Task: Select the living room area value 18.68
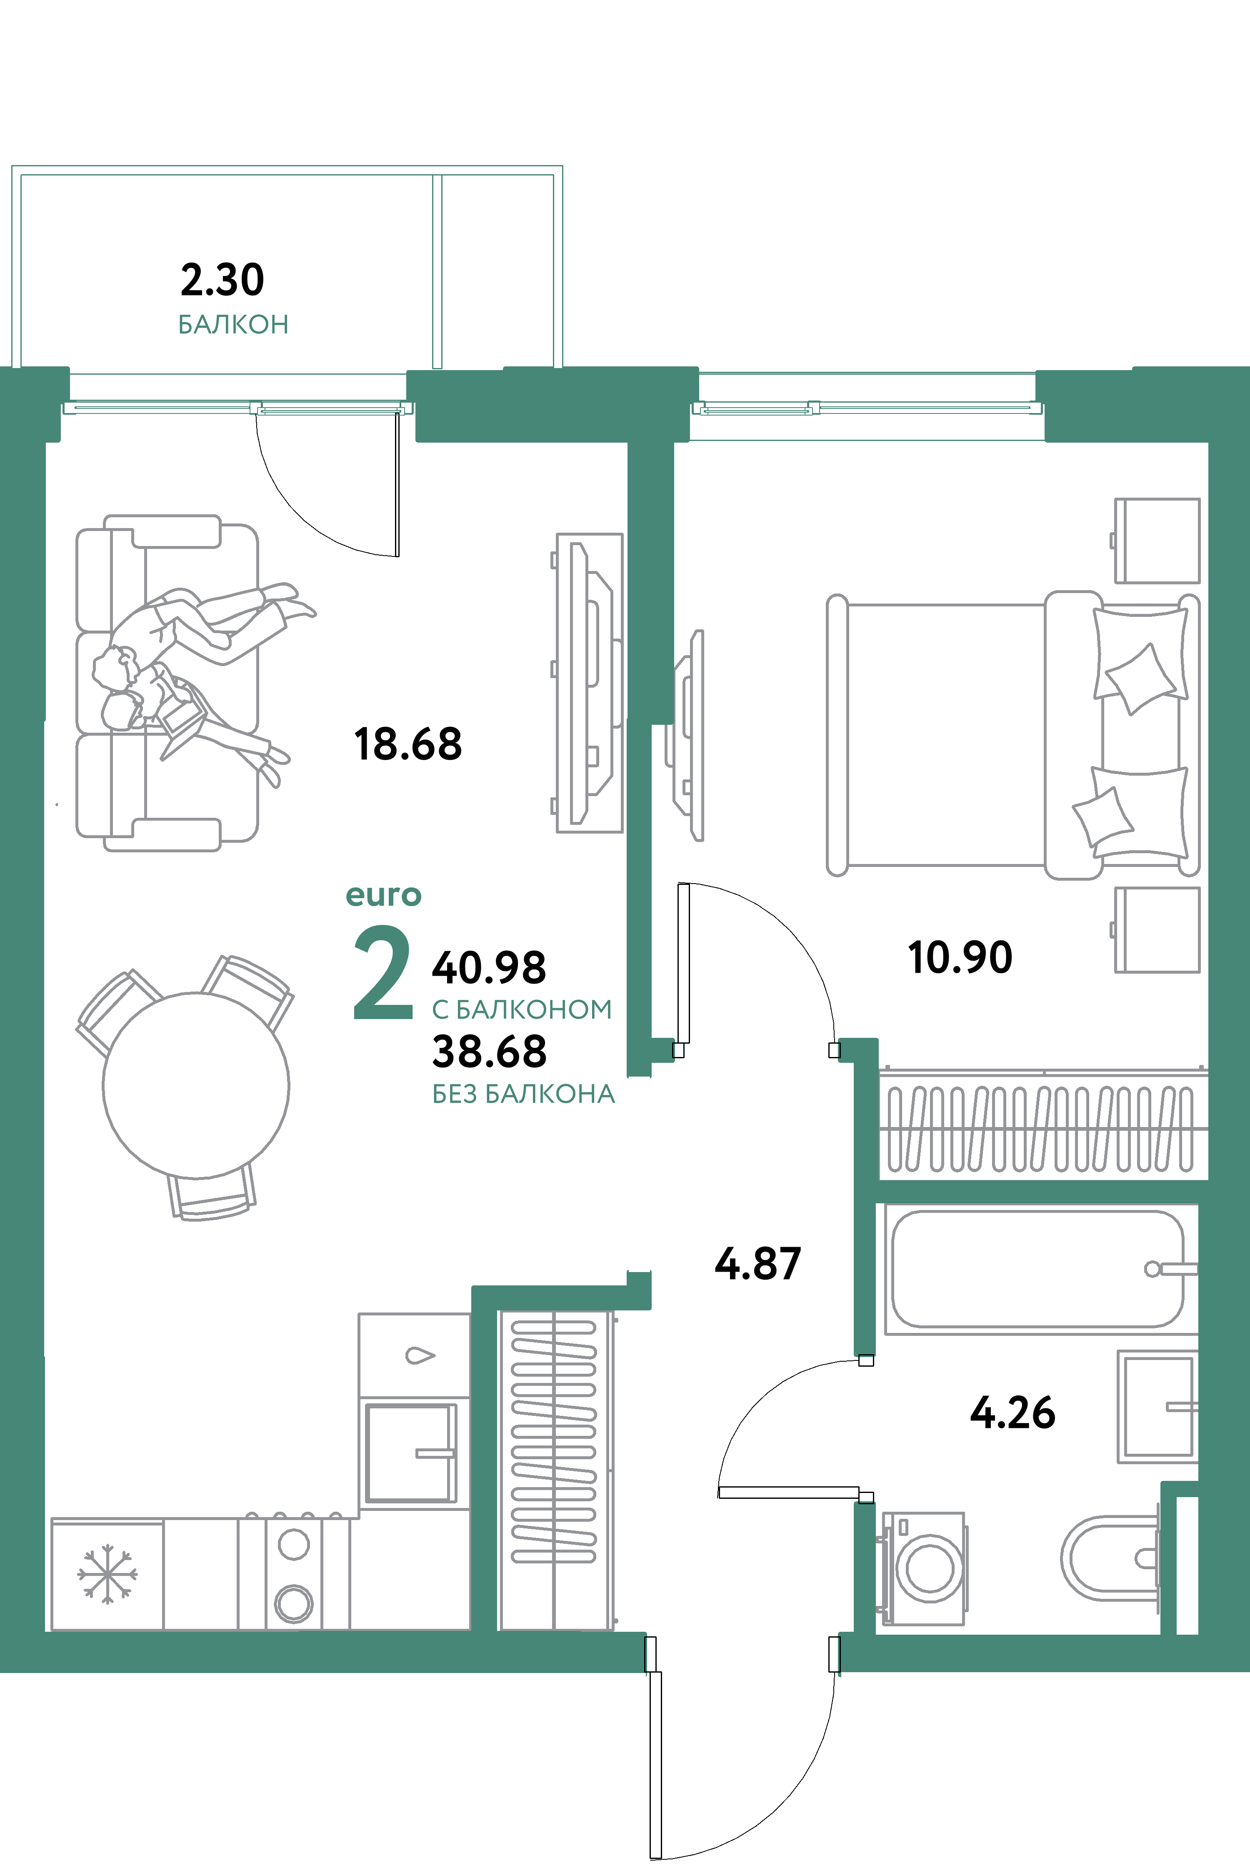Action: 407,744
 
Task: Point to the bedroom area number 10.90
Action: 960,957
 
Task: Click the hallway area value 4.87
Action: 757,1264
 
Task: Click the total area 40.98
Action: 489,967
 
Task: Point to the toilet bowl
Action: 1108,1557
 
